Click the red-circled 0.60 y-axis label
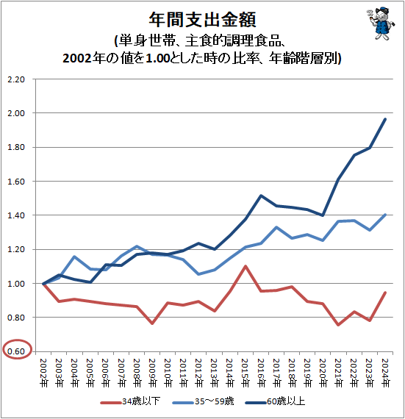click(15, 351)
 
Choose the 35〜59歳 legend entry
click(210, 402)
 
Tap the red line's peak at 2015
click(245, 266)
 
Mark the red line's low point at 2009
click(151, 323)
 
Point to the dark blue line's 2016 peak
click(261, 196)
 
